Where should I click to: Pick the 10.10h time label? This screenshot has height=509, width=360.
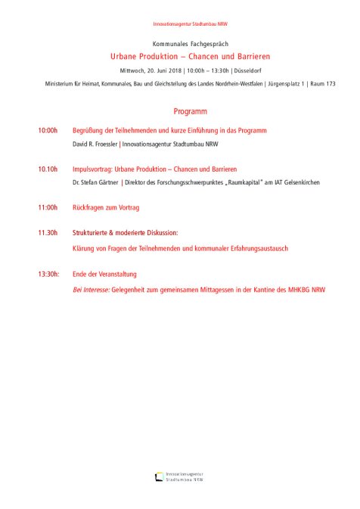coord(48,169)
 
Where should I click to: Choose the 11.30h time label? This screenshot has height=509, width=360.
coord(48,234)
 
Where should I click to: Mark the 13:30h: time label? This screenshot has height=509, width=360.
coord(49,274)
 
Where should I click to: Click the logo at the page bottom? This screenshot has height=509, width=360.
coord(179,476)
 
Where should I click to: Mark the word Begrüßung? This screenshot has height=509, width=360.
coord(91,131)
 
